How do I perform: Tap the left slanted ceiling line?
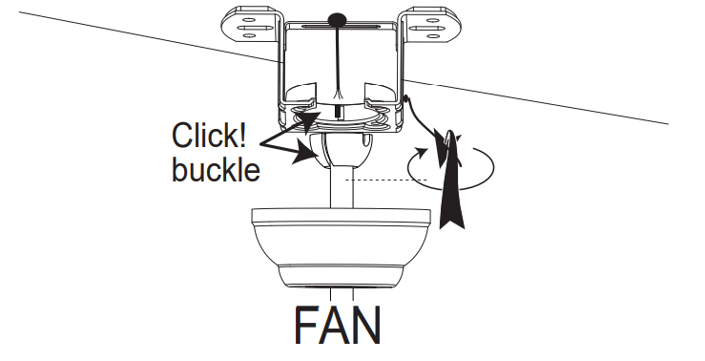(x=143, y=37)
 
